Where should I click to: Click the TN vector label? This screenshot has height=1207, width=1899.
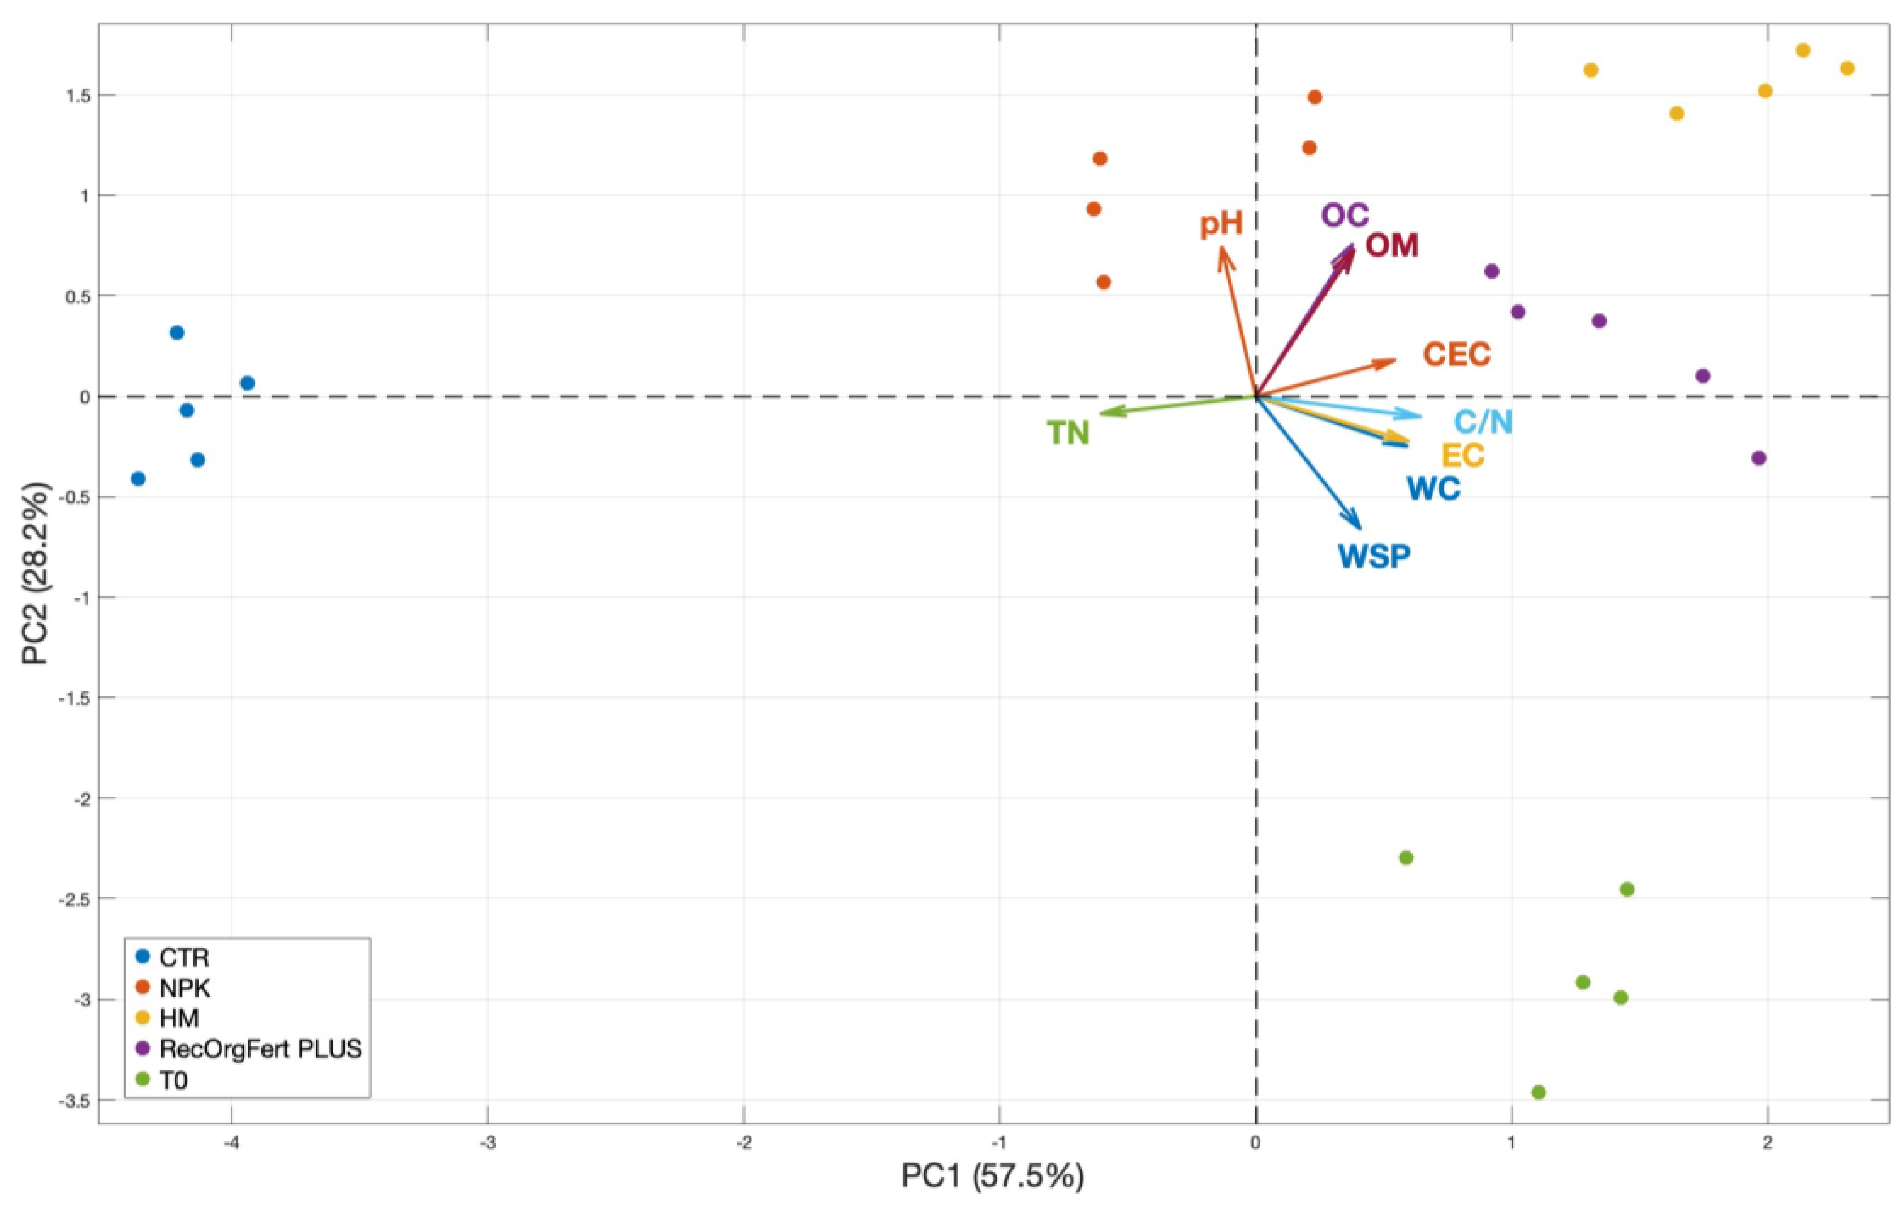click(x=1068, y=433)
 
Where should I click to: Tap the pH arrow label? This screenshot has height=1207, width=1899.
click(x=1221, y=224)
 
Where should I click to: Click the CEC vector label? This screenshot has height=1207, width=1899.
click(x=1457, y=355)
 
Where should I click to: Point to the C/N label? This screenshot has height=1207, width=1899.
click(x=1483, y=422)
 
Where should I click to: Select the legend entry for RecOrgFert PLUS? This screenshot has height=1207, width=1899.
click(x=260, y=1049)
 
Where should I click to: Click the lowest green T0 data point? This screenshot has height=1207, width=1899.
click(x=1538, y=1092)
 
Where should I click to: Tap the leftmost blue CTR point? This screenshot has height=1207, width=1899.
click(x=138, y=478)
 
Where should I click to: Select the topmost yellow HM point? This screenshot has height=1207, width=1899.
click(x=1803, y=50)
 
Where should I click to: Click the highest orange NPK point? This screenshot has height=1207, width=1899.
click(x=1315, y=97)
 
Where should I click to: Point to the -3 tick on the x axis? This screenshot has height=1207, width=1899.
click(x=488, y=1143)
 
